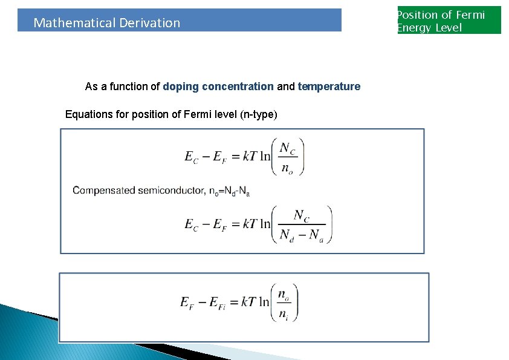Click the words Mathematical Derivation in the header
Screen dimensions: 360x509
pyautogui.click(x=106, y=23)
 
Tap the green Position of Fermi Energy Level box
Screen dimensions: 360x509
pyautogui.click(x=449, y=21)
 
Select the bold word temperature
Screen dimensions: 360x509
pyautogui.click(x=329, y=87)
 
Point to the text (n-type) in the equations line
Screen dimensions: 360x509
pyautogui.click(x=259, y=114)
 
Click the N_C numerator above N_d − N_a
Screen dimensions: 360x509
pyautogui.click(x=302, y=215)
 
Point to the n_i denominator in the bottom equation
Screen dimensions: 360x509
pyautogui.click(x=283, y=313)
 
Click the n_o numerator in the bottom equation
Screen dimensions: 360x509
pyautogui.click(x=283, y=294)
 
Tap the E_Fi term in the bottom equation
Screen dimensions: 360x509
pyautogui.click(x=221, y=303)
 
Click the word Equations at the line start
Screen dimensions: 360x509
pyautogui.click(x=86, y=114)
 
